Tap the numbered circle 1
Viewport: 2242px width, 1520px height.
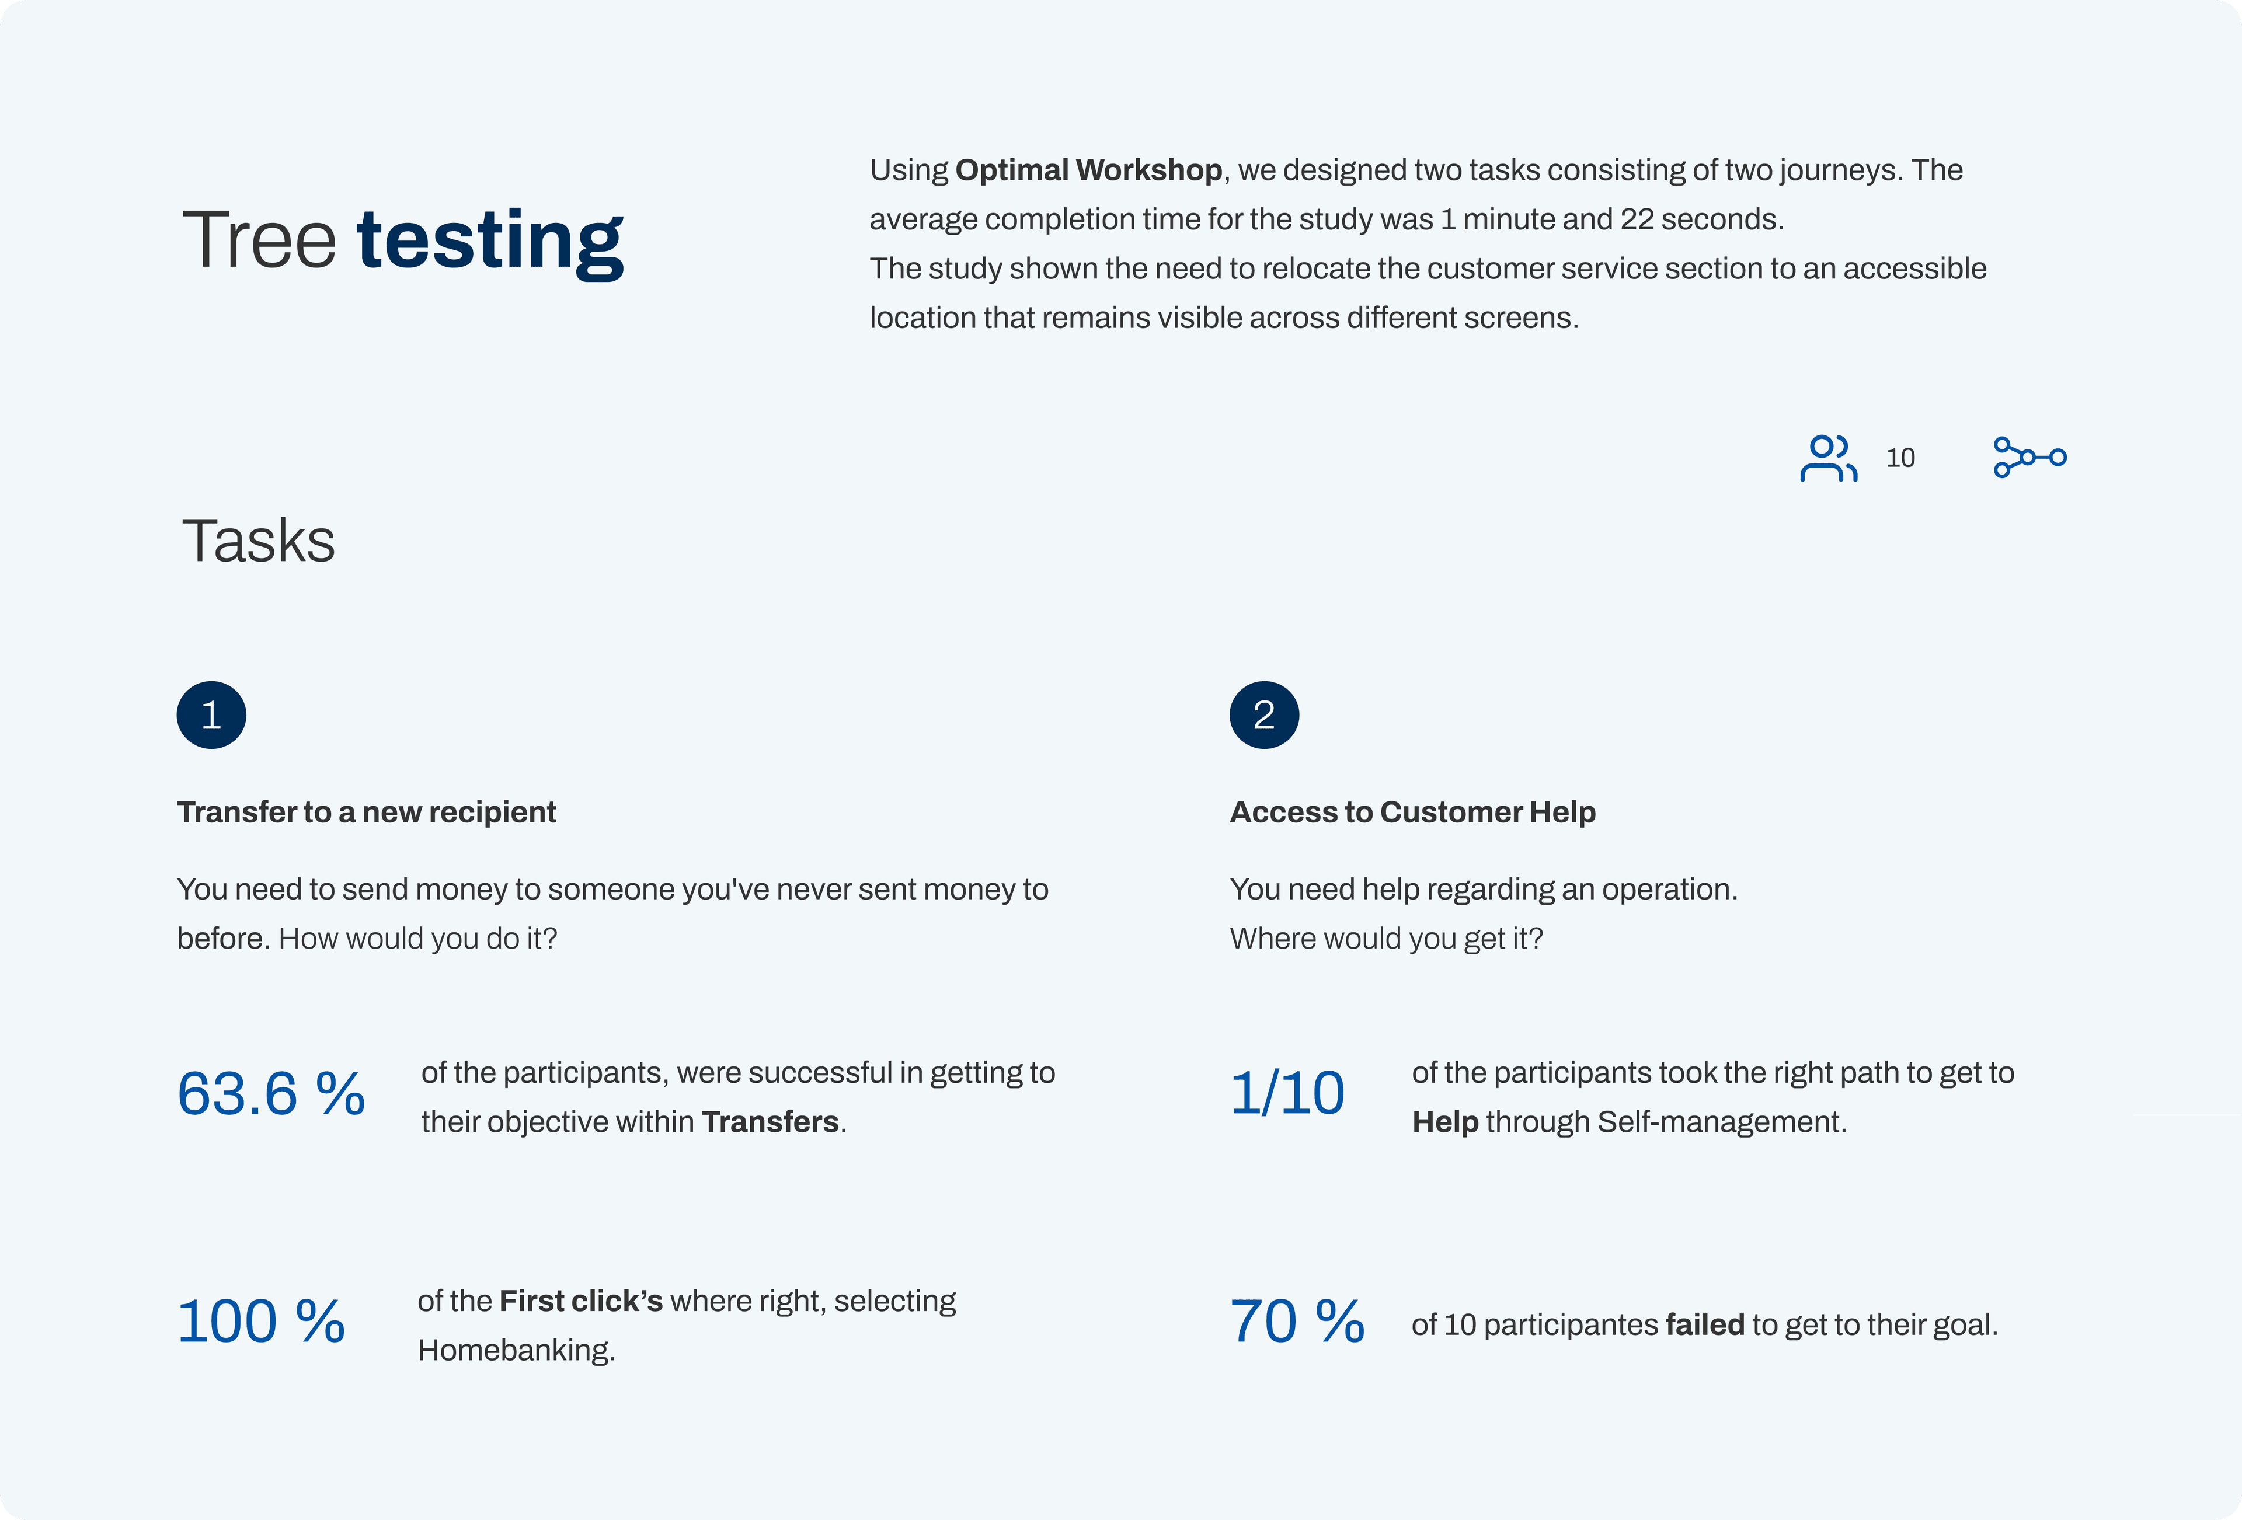pos(211,714)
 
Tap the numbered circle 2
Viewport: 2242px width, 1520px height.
pos(1264,714)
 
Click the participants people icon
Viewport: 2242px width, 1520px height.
pos(1828,458)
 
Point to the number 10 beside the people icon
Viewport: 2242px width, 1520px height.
pos(1900,458)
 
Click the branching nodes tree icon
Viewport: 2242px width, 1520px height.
pos(2029,457)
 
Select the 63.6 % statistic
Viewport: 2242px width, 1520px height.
pos(271,1094)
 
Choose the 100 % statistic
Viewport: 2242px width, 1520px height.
pos(262,1322)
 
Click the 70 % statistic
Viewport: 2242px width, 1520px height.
pos(1297,1322)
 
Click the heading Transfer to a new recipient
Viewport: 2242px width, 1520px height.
pos(367,812)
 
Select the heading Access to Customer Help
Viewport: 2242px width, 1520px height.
pos(1412,812)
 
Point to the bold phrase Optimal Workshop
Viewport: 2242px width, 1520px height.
pos(1089,170)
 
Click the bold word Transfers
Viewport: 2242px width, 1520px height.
pos(770,1122)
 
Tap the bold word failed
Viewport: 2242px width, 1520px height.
pos(1705,1324)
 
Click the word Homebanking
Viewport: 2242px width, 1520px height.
pos(516,1350)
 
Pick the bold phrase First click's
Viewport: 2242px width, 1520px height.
pos(581,1301)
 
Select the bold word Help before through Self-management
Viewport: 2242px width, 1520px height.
pos(1445,1122)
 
